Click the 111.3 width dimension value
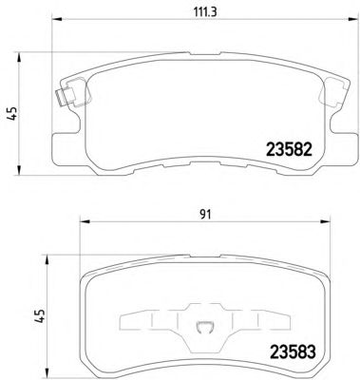(204, 12)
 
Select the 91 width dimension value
(205, 215)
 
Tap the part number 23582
(290, 149)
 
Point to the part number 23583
(293, 351)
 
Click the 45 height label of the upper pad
(13, 113)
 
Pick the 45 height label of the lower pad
(40, 315)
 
